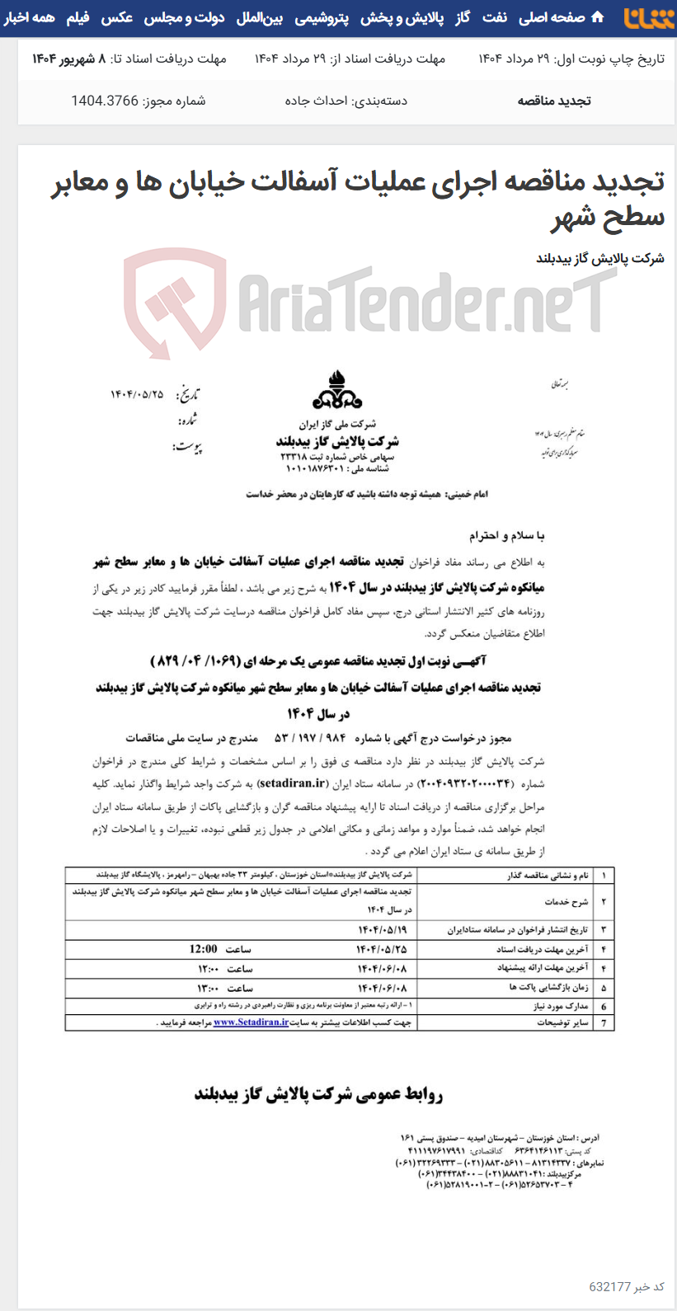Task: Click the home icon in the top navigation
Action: point(598,17)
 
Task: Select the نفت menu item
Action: point(495,17)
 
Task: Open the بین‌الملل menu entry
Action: point(260,17)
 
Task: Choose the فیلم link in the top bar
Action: point(78,17)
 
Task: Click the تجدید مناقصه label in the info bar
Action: point(554,101)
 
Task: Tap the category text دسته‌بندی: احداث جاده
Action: point(346,101)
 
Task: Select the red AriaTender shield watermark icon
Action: point(175,300)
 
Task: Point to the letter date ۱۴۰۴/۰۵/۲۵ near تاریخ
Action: point(137,395)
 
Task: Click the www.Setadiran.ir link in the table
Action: point(251,1022)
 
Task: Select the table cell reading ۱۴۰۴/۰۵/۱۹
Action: point(382,929)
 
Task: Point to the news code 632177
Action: point(609,1286)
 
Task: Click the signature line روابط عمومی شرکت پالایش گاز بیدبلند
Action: point(319,1094)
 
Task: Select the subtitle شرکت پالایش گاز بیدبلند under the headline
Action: point(599,258)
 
